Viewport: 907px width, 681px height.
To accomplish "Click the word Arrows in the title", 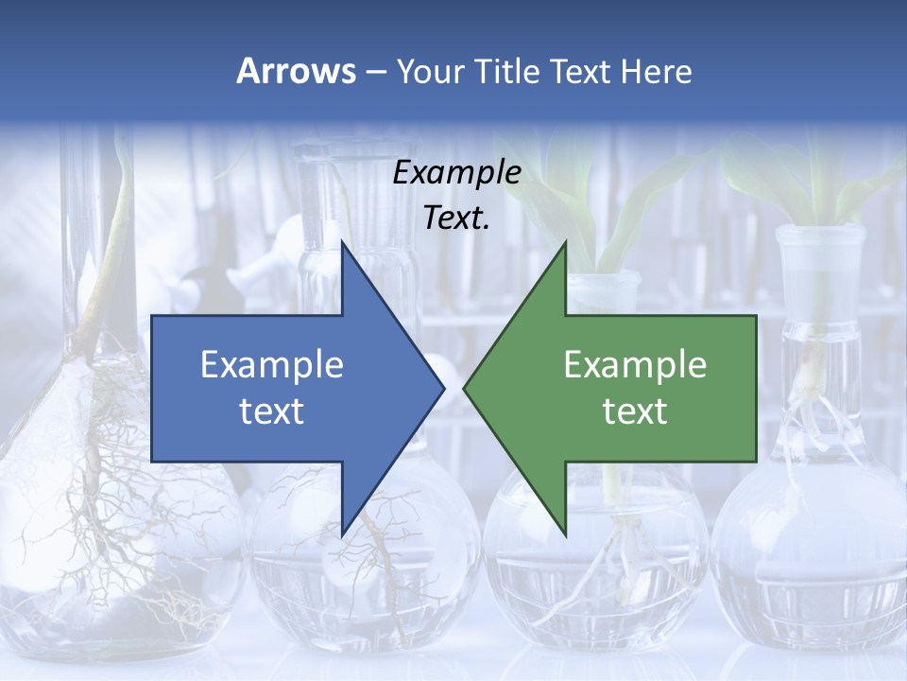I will coord(296,71).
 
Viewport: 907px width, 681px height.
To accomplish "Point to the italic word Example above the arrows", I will coord(456,172).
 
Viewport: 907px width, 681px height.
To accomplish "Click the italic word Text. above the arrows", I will coord(456,218).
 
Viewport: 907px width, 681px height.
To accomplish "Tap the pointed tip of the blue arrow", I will coord(443,388).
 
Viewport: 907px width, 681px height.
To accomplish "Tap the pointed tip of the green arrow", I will coord(465,388).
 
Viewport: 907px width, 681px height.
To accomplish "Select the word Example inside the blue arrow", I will coord(272,365).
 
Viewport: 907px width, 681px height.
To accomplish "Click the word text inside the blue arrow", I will coord(272,411).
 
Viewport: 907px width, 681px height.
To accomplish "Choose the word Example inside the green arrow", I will coord(635,365).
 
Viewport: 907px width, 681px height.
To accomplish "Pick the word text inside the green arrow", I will coord(635,411).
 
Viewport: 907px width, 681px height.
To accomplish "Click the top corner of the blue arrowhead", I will coord(342,242).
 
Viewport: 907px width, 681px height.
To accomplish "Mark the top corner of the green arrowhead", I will coord(565,242).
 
